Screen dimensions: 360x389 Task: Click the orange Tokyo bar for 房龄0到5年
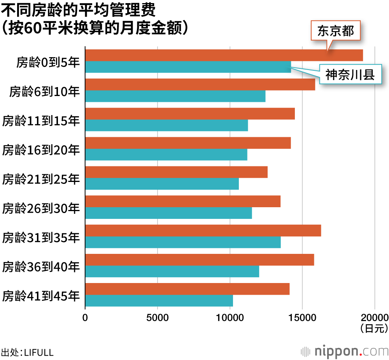tap(224, 55)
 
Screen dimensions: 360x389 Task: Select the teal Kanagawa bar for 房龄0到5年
tap(188, 67)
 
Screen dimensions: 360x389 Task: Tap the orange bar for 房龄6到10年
tap(200, 84)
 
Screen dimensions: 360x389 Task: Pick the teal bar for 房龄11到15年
tap(166, 125)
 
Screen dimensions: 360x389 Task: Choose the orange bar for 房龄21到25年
tap(176, 172)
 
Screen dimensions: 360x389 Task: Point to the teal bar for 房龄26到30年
tap(168, 213)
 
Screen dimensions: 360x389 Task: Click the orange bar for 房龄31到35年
tap(203, 231)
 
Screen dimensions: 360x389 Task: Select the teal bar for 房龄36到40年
tap(172, 271)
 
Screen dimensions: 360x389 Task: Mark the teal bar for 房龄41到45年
tap(159, 301)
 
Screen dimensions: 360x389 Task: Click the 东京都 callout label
tap(336, 31)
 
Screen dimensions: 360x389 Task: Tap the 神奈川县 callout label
tap(350, 75)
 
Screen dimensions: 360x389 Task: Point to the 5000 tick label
tap(158, 318)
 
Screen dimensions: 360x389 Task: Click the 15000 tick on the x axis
tap(302, 318)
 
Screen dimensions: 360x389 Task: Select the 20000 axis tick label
tap(375, 318)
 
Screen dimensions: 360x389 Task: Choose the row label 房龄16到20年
tap(41, 150)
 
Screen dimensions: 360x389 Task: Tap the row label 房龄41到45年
tap(41, 296)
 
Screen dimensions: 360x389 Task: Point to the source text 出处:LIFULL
tap(27, 353)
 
